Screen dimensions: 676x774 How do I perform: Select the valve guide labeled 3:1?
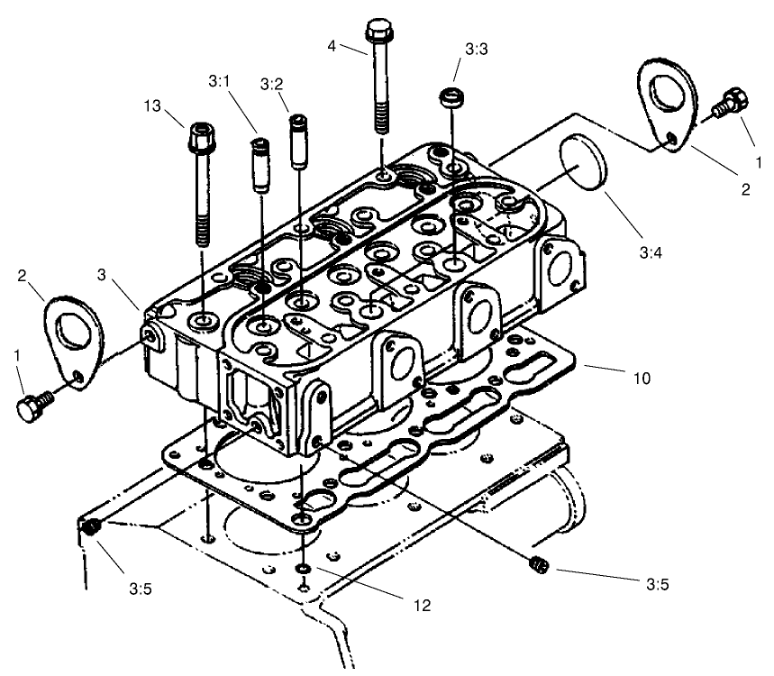tap(260, 166)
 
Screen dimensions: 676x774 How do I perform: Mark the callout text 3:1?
tap(219, 81)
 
